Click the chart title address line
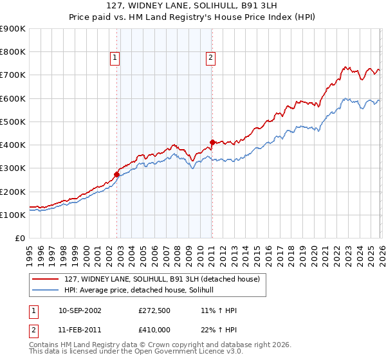pyautogui.click(x=193, y=6)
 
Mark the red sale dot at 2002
pyautogui.click(x=116, y=174)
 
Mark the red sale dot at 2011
pyautogui.click(x=212, y=142)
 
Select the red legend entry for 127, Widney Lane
pyautogui.click(x=161, y=279)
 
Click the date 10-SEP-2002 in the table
pyautogui.click(x=80, y=310)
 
